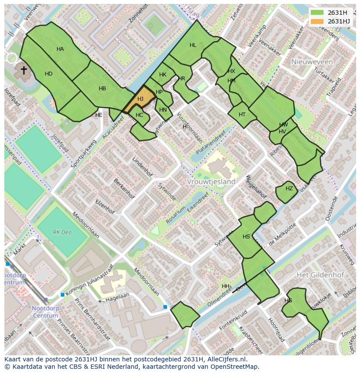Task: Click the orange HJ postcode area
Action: click(140, 100)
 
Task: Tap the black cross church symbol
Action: click(23, 70)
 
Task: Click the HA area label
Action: click(60, 49)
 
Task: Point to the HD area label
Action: click(49, 74)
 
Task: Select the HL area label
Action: click(193, 45)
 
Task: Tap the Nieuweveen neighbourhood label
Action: click(312, 62)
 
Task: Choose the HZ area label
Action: click(289, 189)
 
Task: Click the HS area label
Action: click(247, 237)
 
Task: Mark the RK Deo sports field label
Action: click(62, 232)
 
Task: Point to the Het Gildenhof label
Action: click(320, 275)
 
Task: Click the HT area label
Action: click(242, 115)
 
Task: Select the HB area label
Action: click(102, 89)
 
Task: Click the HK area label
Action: click(163, 75)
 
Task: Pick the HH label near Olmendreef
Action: click(225, 286)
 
